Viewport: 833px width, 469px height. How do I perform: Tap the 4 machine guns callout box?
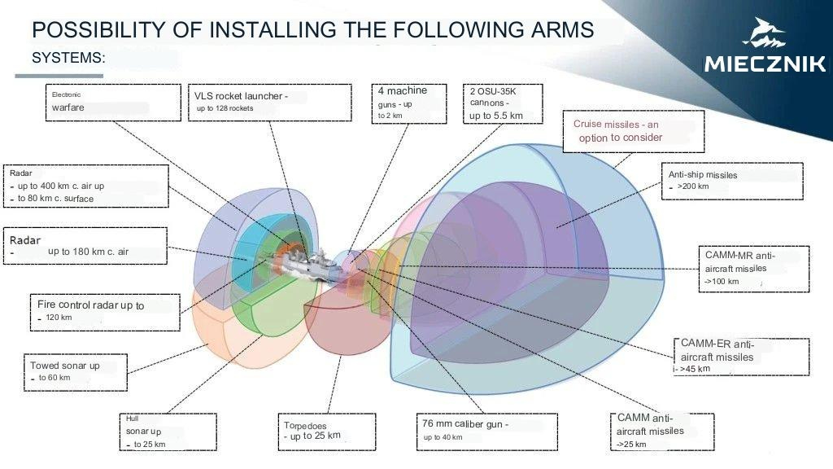coord(409,103)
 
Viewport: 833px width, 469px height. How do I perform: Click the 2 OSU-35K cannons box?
coord(503,103)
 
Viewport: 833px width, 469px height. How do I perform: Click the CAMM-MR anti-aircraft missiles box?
coord(754,268)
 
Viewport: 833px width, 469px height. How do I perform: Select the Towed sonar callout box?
coord(74,372)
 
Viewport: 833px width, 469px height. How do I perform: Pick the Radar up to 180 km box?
coord(85,246)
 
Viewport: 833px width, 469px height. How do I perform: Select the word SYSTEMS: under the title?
coord(68,59)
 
